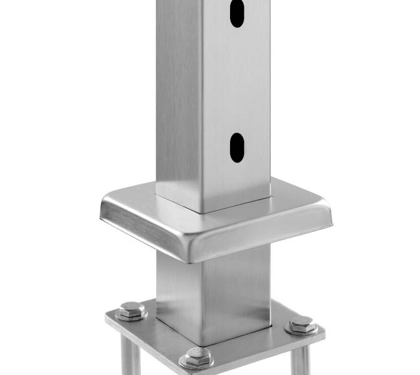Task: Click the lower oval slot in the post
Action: click(237, 147)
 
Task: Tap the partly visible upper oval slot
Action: click(238, 13)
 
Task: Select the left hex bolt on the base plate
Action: click(132, 310)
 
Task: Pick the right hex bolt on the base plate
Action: click(300, 324)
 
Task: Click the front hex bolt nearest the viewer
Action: click(196, 357)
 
